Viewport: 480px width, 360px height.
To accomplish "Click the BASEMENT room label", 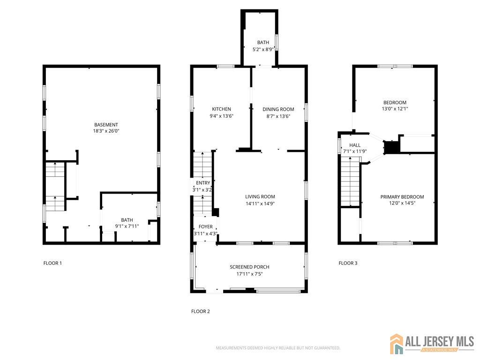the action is click(106, 125).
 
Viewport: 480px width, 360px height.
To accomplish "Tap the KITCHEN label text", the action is click(221, 109).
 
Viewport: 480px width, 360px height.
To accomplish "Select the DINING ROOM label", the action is click(278, 109).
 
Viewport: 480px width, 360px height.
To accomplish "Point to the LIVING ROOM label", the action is click(260, 196).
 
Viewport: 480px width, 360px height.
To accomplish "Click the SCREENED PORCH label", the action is click(249, 267).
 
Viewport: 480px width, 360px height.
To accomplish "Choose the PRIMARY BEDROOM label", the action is click(402, 197).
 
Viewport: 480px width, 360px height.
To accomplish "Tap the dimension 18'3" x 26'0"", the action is click(106, 131).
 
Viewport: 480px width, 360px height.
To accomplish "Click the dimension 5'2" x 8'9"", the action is click(262, 49).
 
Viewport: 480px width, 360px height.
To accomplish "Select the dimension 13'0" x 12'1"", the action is click(395, 109).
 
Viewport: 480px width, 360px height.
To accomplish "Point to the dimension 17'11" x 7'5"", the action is click(249, 274).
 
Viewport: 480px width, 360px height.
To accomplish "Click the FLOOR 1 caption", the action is click(52, 263).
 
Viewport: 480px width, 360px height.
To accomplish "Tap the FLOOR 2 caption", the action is click(201, 311).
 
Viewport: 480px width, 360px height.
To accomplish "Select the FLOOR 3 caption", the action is click(348, 263).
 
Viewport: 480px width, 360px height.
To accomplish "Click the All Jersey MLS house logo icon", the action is click(397, 344).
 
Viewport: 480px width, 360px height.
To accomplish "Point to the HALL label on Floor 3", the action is click(355, 145).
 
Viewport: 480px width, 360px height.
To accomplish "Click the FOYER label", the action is click(205, 226).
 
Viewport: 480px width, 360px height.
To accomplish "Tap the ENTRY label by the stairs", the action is click(203, 183).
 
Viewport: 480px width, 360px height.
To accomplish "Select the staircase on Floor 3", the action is click(350, 181).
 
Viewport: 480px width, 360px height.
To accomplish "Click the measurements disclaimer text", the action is click(278, 348).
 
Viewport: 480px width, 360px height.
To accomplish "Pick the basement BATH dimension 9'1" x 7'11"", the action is click(127, 226).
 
